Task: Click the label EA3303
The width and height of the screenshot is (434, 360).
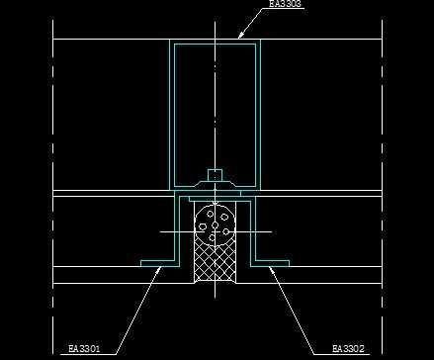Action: point(285,3)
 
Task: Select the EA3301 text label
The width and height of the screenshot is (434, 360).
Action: point(84,348)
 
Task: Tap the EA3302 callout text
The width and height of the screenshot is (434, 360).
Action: point(348,348)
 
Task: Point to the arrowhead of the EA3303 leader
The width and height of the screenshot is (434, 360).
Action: point(241,35)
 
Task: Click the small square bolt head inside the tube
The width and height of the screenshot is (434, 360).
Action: point(215,175)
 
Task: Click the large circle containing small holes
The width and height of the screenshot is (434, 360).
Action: point(215,225)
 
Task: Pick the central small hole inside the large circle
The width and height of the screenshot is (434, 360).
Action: point(215,225)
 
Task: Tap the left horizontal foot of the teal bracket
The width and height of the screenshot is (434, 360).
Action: point(157,263)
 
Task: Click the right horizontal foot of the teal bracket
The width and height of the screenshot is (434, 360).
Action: point(273,263)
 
